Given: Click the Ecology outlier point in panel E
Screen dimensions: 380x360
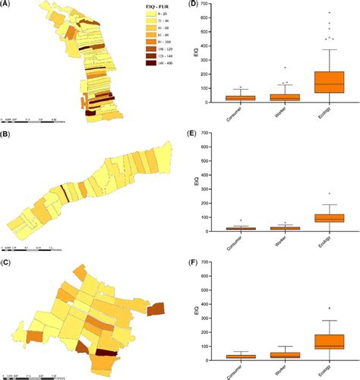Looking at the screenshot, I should click(330, 194).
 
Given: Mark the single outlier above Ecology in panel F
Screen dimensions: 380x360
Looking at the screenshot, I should click(330, 308).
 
